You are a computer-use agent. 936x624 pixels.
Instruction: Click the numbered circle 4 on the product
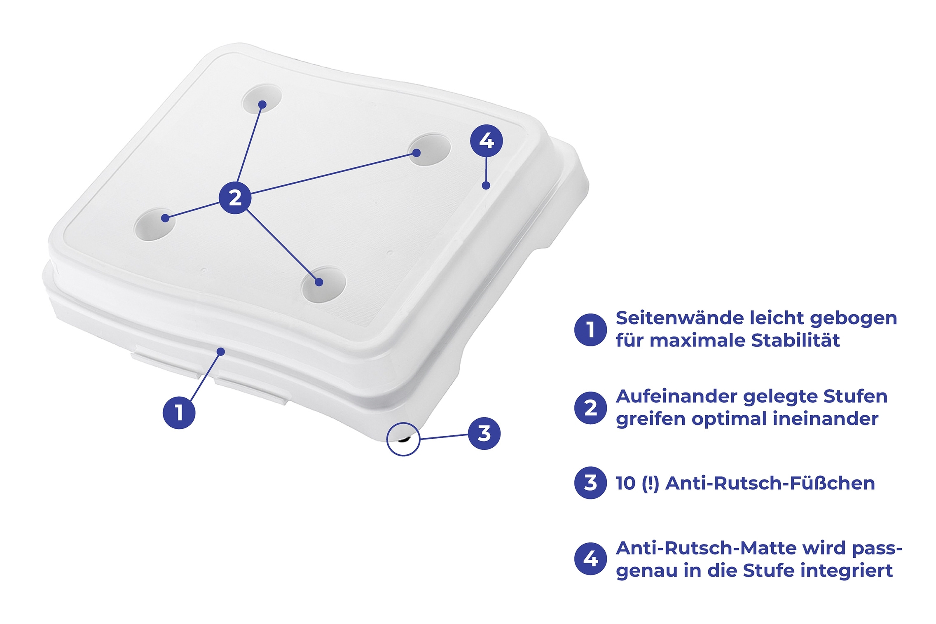coord(486,141)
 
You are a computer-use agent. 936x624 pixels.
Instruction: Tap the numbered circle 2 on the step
coord(235,198)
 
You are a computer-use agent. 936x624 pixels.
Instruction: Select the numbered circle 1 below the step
coord(179,412)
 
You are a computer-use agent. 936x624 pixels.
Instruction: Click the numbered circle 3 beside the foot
coord(484,433)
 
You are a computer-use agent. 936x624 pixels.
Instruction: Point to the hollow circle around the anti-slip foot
coord(387,439)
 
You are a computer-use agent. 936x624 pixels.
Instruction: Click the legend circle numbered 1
coord(590,330)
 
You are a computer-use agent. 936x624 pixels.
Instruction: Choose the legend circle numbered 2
coord(590,408)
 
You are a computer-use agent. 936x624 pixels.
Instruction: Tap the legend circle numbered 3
coord(590,483)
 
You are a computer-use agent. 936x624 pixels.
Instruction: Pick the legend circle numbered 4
coord(590,559)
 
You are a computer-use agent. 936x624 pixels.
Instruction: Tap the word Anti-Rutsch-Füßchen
coord(770,483)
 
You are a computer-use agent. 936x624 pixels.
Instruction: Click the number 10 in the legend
coord(625,484)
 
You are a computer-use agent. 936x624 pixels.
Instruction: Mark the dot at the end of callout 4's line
coord(486,185)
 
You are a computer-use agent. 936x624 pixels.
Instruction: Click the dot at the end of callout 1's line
coord(221,351)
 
